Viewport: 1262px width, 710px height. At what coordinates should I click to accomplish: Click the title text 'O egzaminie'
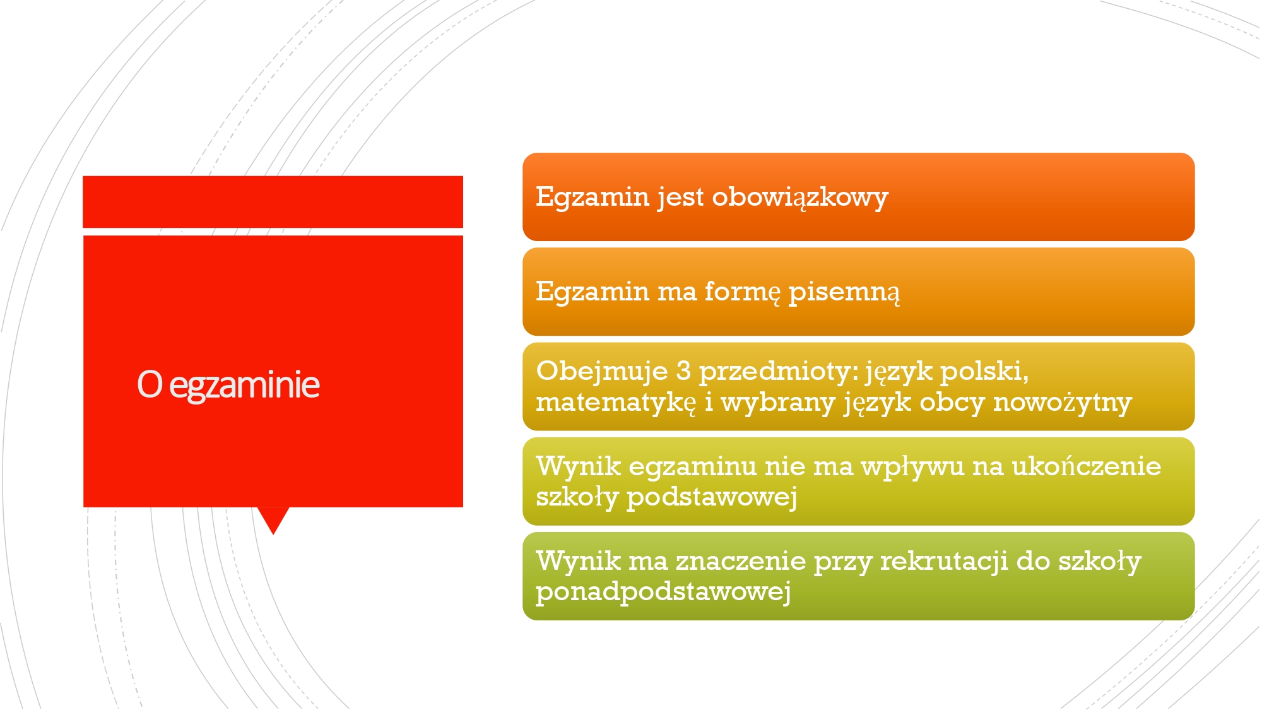tap(228, 384)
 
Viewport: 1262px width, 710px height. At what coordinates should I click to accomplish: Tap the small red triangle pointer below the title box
tap(273, 519)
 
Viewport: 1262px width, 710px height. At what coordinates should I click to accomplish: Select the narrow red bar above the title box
tap(273, 201)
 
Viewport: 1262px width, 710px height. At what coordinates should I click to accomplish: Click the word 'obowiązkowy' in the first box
tap(800, 198)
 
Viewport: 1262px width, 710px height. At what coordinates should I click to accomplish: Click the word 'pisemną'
tap(844, 292)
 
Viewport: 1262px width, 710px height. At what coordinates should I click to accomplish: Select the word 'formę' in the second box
tap(743, 292)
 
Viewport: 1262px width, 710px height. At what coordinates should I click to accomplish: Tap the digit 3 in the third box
tap(683, 370)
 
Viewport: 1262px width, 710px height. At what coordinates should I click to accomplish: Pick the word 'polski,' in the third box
tap(985, 371)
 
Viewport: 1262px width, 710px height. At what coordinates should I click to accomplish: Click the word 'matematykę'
tap(616, 403)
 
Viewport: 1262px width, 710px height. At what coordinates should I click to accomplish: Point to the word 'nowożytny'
tap(1063, 403)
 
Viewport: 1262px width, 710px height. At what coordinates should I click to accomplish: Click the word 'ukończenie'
tap(1087, 466)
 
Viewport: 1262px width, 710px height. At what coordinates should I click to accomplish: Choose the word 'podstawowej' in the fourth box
tap(712, 498)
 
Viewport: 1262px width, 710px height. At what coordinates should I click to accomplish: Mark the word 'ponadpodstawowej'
tap(663, 593)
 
